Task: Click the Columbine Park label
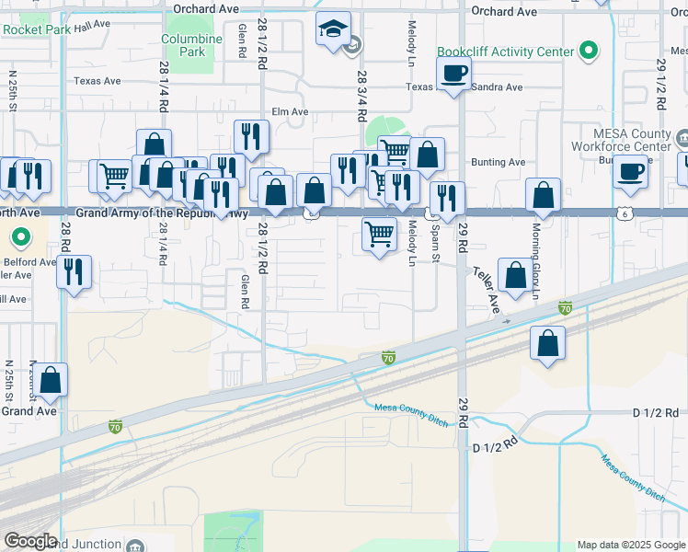(x=191, y=45)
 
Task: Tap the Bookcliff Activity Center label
(x=505, y=52)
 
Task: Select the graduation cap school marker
(x=333, y=29)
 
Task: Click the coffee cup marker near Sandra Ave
(x=453, y=74)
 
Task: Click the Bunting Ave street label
(x=498, y=163)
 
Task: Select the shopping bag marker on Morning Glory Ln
(x=544, y=195)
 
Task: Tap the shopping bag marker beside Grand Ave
(x=51, y=380)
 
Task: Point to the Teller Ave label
(x=487, y=288)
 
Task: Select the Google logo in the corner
(x=29, y=541)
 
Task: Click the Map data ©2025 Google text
(x=631, y=545)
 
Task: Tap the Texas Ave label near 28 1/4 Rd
(x=97, y=81)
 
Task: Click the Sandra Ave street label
(x=497, y=88)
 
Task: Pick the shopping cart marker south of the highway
(x=379, y=235)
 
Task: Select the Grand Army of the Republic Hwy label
(x=162, y=213)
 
